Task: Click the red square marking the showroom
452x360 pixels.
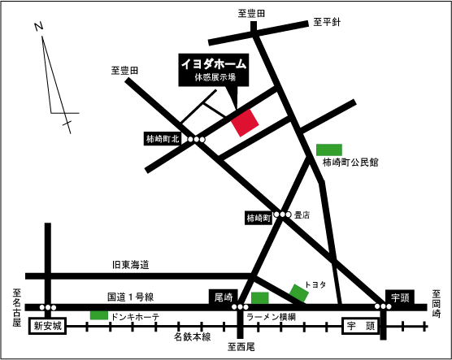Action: (245, 122)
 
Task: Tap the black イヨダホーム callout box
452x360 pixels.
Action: (213, 71)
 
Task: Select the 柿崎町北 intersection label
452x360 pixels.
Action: (163, 140)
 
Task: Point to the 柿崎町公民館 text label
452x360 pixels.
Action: (350, 163)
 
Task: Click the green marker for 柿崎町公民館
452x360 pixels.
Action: (328, 149)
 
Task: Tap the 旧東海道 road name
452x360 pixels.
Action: (131, 265)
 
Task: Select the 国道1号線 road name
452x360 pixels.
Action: (130, 297)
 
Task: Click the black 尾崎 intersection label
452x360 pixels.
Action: (223, 297)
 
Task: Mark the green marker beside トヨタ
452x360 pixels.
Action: (299, 291)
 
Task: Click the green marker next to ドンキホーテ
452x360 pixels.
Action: (98, 314)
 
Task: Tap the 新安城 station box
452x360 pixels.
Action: (47, 327)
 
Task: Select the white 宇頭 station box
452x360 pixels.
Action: (359, 327)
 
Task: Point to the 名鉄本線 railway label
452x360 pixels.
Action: (192, 336)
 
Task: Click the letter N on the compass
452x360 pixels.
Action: (38, 27)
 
